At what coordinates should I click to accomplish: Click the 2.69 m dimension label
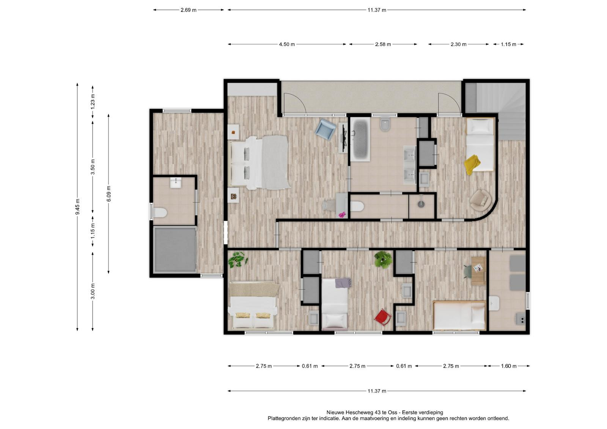[188, 10]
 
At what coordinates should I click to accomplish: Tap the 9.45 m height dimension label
[77, 207]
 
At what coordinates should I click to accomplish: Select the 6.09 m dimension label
[109, 193]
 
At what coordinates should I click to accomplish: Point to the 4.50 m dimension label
[287, 44]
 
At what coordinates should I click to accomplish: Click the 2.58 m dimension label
[383, 44]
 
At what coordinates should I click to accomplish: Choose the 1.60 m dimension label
[509, 366]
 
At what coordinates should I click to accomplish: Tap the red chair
[383, 317]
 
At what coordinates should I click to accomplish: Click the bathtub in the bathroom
[360, 139]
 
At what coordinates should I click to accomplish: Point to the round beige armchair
[481, 200]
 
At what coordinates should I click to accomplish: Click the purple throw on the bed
[343, 283]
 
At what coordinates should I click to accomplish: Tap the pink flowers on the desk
[343, 215]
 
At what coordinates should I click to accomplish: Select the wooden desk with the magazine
[478, 271]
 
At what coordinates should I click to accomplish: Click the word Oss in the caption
[393, 412]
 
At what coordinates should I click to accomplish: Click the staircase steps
[501, 111]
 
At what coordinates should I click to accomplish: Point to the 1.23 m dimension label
[93, 102]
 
